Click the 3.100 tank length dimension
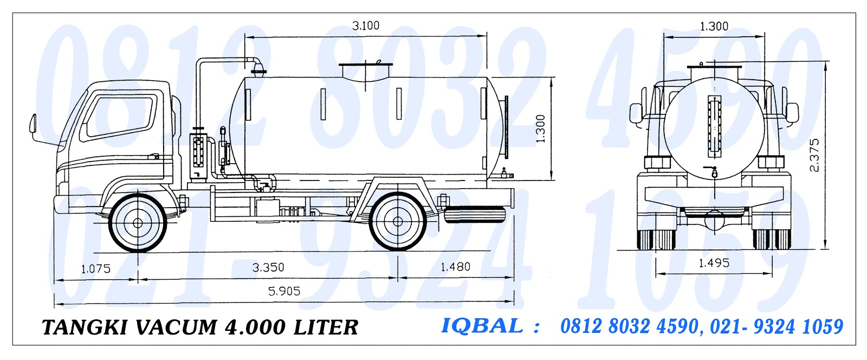pyautogui.click(x=366, y=25)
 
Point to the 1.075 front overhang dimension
pyautogui.click(x=95, y=268)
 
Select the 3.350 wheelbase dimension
pyautogui.click(x=268, y=267)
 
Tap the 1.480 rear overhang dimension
pyautogui.click(x=455, y=267)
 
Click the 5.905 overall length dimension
pyautogui.click(x=284, y=291)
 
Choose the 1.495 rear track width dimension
pyautogui.click(x=714, y=263)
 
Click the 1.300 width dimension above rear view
pyautogui.click(x=714, y=26)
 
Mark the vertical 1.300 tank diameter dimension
pyautogui.click(x=541, y=129)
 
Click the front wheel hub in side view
pyautogui.click(x=138, y=222)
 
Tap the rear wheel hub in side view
pyautogui.click(x=397, y=221)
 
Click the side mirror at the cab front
pyautogui.click(x=33, y=125)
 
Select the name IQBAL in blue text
pyautogui.click(x=482, y=326)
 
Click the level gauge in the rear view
pyautogui.click(x=714, y=125)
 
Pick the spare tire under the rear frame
pyautogui.click(x=475, y=215)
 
